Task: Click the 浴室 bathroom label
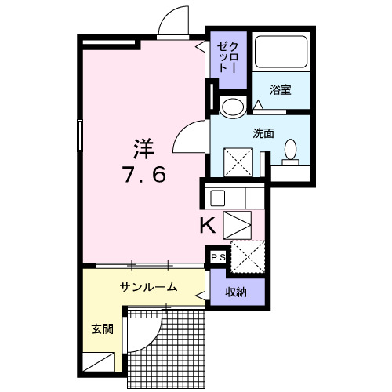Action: (x=281, y=89)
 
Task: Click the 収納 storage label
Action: (x=236, y=292)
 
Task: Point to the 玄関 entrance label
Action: (x=91, y=328)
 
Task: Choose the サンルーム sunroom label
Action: (x=148, y=287)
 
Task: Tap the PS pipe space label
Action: (x=217, y=256)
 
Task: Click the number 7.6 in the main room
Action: (x=143, y=175)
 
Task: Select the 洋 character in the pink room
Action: (x=142, y=147)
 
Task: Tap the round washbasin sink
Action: (x=231, y=107)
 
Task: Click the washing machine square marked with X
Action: (x=238, y=162)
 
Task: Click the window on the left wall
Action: (x=79, y=136)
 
